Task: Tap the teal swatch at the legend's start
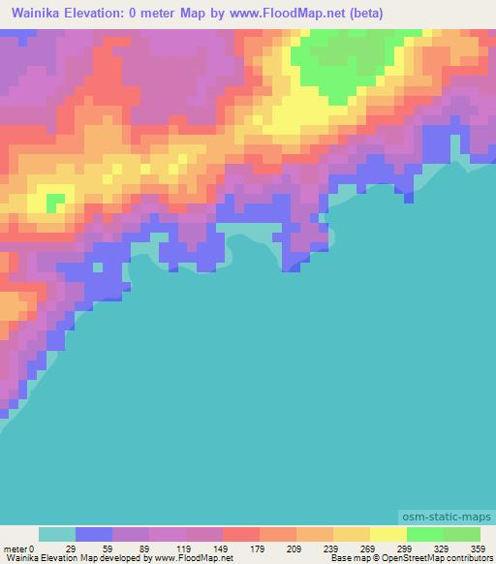click(57, 534)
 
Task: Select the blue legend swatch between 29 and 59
click(94, 534)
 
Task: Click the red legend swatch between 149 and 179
click(241, 534)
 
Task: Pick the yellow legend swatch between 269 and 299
click(388, 534)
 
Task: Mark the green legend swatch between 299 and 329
click(425, 534)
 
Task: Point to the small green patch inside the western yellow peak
click(56, 201)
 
